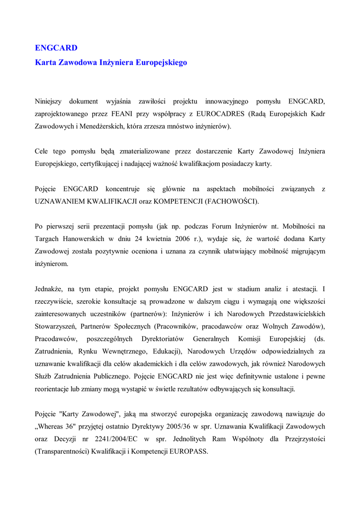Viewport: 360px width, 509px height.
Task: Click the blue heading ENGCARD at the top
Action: pyautogui.click(x=56, y=48)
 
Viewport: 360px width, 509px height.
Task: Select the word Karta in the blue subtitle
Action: pyautogui.click(x=45, y=63)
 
